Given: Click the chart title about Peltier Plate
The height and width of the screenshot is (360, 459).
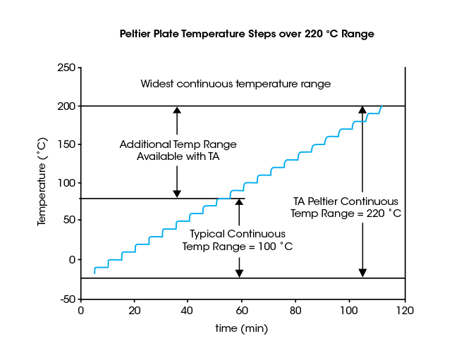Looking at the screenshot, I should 246,34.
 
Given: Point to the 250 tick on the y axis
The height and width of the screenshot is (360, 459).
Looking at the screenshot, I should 67,68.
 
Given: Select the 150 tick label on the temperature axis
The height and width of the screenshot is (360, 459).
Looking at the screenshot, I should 67,144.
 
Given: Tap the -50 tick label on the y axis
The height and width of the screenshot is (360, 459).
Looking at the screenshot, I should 68,299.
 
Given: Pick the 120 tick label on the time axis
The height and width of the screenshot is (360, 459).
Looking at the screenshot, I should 405,311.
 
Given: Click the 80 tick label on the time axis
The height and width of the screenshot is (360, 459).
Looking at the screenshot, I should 297,311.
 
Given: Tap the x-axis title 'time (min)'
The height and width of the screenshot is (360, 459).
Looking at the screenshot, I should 241,328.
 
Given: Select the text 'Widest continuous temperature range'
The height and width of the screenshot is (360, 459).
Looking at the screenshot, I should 235,84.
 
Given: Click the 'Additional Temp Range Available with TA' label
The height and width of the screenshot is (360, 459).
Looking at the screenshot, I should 178,150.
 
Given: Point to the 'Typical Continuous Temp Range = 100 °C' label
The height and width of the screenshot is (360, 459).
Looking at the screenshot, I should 238,240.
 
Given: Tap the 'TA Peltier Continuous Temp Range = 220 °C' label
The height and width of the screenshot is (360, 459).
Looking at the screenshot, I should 345,207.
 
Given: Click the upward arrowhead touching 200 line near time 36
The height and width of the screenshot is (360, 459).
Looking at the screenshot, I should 177,110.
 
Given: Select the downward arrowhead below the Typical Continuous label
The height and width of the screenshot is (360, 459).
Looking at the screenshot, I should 239,273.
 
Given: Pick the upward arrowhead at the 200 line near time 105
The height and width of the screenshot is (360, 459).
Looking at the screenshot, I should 362,110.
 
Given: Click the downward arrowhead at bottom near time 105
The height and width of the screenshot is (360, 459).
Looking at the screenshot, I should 362,273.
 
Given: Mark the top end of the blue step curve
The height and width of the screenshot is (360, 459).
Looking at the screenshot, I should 382,106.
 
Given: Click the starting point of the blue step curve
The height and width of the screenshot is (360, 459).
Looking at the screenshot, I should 94,273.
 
